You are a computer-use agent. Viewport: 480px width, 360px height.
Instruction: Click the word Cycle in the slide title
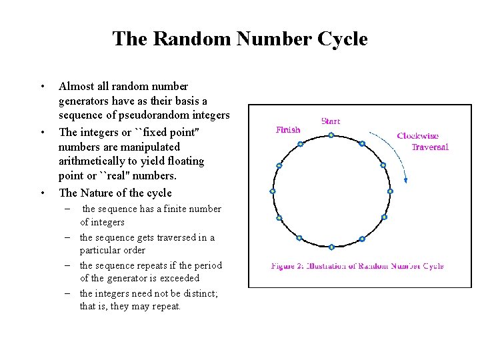point(342,39)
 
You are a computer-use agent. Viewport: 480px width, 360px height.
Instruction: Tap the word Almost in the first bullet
point(77,86)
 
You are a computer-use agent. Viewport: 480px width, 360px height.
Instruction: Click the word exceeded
point(179,278)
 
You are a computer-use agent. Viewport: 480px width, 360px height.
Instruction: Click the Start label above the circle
point(331,121)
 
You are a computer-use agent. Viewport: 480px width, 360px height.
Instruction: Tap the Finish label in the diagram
point(288,130)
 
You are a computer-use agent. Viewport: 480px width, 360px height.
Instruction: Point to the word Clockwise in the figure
point(417,136)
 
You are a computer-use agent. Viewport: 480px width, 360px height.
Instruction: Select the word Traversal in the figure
point(430,147)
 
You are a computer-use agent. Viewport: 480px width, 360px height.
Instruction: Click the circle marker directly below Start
point(331,135)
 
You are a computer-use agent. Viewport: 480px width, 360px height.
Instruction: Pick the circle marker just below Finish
point(300,144)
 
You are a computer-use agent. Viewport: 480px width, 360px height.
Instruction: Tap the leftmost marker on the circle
point(273,191)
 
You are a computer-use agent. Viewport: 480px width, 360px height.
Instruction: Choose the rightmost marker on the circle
point(390,191)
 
